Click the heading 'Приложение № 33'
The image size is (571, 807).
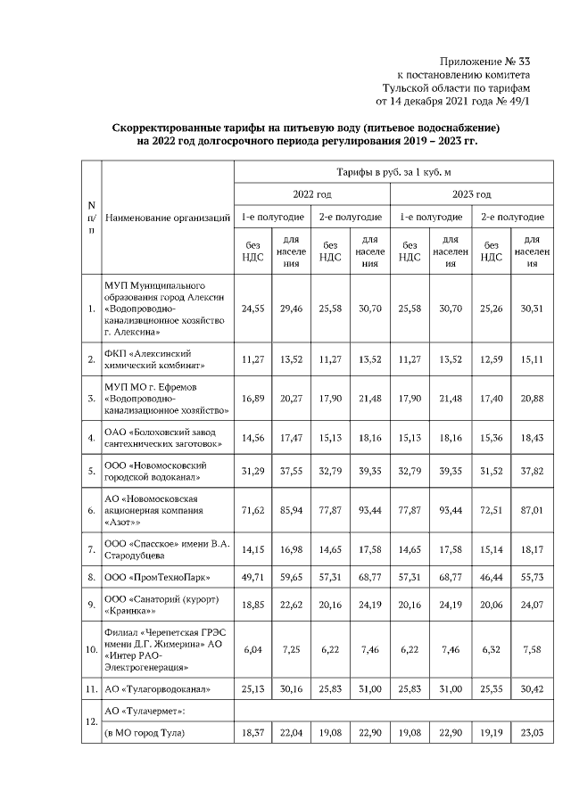pos(484,62)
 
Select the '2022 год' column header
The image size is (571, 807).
pos(312,194)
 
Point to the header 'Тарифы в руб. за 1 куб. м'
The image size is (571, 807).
pos(392,170)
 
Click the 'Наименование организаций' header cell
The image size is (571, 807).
pos(168,218)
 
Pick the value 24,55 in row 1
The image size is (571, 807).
pos(253,309)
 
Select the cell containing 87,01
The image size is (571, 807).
pos(532,512)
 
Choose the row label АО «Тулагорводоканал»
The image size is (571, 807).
pos(157,689)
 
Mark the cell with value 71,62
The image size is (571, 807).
pos(253,512)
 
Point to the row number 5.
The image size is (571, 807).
pos(91,469)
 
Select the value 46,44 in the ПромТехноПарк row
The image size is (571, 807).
pos(491,579)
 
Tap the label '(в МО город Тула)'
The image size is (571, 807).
pos(145,734)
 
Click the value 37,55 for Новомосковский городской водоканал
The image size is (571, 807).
pos(290,469)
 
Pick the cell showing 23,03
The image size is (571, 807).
pos(532,734)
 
